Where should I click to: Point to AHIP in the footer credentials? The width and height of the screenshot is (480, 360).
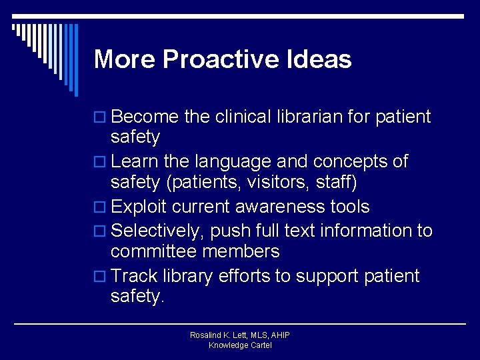pyautogui.click(x=279, y=335)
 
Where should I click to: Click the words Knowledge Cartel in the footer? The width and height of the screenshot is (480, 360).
pyautogui.click(x=240, y=345)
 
